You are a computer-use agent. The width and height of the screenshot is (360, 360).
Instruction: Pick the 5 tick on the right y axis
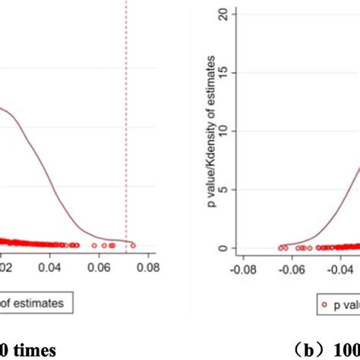click(x=223, y=190)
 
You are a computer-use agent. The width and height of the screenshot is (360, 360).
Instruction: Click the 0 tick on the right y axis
click(x=223, y=248)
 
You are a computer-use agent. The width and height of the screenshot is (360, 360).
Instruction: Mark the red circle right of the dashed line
click(x=133, y=245)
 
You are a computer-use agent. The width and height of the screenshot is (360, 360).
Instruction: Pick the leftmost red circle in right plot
click(x=280, y=247)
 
